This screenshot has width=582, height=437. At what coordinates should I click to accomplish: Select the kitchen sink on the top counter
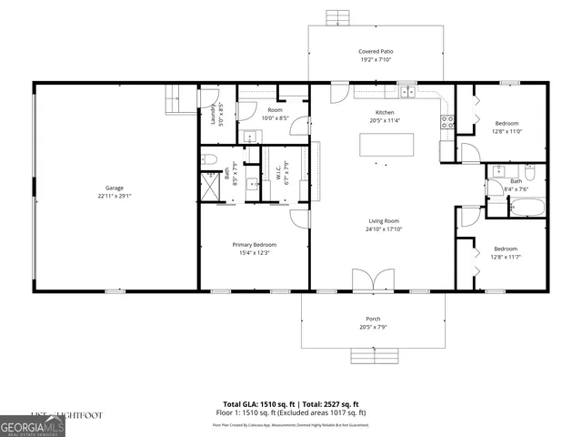point(406,91)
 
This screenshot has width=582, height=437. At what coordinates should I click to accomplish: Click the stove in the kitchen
point(447,121)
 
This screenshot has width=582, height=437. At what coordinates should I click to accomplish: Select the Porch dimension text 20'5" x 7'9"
point(375,326)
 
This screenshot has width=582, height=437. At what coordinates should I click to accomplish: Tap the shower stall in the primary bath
point(210,186)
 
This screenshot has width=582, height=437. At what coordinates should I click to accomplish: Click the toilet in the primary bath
point(208,160)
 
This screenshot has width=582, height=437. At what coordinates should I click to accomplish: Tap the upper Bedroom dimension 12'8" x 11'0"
point(507,131)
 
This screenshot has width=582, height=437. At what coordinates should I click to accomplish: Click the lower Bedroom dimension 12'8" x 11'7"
point(507,256)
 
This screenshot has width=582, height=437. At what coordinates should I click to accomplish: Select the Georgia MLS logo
point(33,426)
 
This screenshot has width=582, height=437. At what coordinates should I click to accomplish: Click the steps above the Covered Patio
point(338,16)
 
